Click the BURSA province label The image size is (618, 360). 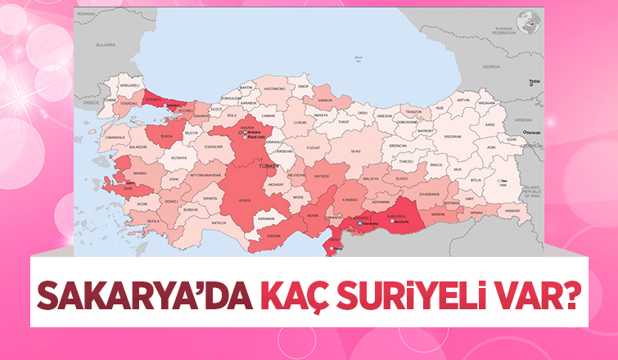[x=167, y=136]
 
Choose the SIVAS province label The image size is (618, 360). [x=355, y=152]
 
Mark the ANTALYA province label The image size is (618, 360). [x=218, y=223]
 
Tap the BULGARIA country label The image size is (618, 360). [x=106, y=45]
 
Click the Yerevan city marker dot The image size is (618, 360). [x=525, y=132]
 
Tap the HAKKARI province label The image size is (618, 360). [x=512, y=210]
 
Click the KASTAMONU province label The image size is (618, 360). [x=274, y=88]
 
